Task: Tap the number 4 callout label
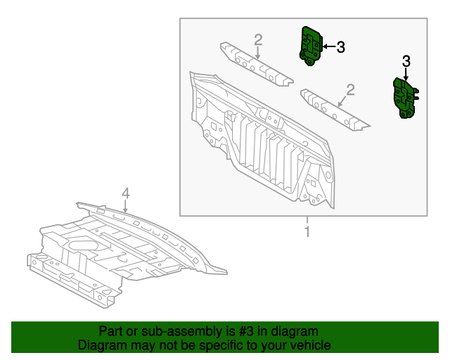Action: [125, 193]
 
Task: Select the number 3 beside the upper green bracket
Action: [340, 47]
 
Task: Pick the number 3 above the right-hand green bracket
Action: [406, 62]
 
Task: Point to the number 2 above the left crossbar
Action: [258, 39]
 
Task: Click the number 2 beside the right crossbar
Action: [350, 89]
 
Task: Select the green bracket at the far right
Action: [406, 99]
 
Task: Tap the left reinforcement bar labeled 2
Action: [256, 65]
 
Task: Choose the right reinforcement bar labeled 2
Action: [335, 109]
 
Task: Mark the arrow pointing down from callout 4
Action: [125, 206]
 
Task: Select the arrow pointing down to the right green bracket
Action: [406, 76]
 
